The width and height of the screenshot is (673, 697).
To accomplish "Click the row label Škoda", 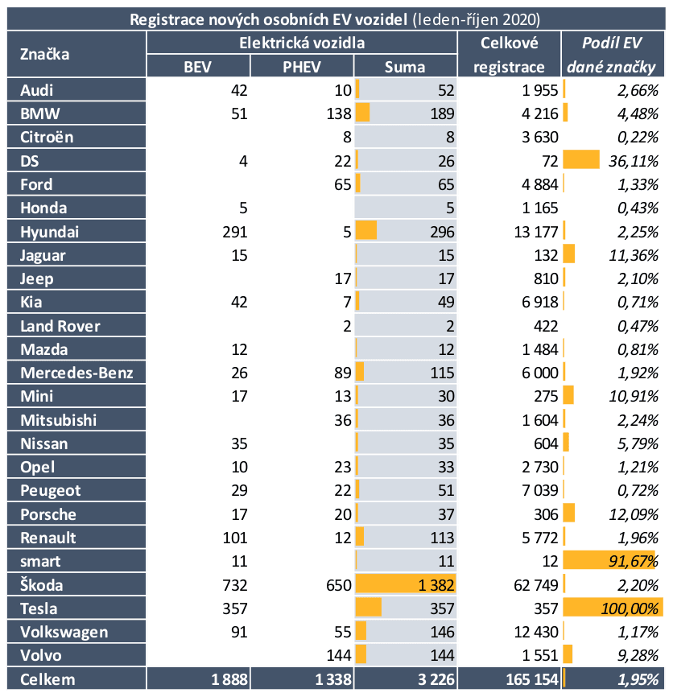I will click(x=42, y=585).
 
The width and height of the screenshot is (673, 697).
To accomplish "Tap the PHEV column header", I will click(x=302, y=67).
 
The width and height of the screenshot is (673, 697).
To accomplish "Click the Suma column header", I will click(x=405, y=67).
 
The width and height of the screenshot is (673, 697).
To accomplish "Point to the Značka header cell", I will click(x=45, y=55).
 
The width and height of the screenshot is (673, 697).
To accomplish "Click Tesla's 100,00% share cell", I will click(x=630, y=608).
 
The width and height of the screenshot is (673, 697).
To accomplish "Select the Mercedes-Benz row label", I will click(x=77, y=373).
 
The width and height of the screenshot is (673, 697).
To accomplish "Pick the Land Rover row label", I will click(x=60, y=326).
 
